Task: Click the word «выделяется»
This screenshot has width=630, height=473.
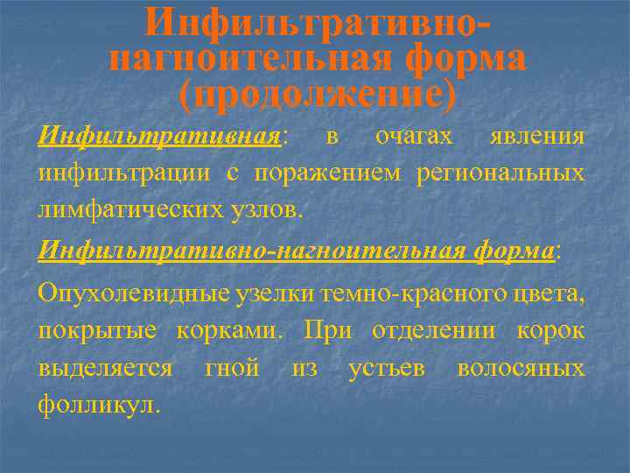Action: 105,369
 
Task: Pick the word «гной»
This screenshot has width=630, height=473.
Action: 232,369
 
